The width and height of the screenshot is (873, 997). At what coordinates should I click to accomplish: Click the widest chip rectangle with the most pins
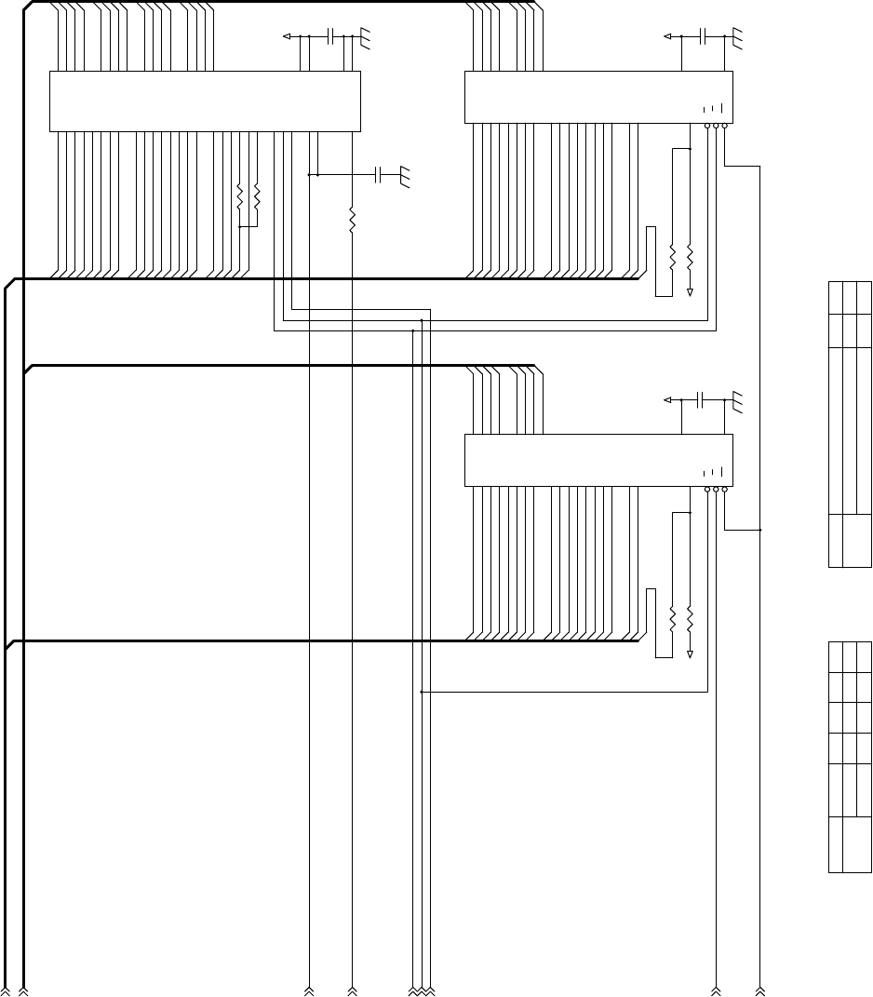pos(204,101)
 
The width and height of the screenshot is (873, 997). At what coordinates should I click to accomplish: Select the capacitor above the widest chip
pos(330,36)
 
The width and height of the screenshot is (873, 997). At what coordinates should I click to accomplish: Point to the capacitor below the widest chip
pos(378,174)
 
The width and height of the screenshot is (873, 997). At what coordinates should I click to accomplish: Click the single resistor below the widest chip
pos(352,219)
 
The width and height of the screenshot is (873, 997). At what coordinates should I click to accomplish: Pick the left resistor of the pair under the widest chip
pos(239,196)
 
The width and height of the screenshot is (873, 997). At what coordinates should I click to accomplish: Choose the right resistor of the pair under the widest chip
pos(256,196)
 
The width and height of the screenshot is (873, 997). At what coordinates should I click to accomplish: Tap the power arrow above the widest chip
pos(287,36)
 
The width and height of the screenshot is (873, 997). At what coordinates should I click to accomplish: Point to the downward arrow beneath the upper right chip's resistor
pos(690,291)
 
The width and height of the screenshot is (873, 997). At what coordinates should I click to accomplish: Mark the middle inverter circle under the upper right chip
pos(716,126)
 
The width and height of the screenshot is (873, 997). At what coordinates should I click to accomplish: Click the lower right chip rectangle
pos(598,459)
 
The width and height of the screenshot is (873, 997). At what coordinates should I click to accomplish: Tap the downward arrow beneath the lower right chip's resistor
pos(690,654)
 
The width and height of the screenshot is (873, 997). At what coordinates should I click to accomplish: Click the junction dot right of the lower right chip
pos(760,530)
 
